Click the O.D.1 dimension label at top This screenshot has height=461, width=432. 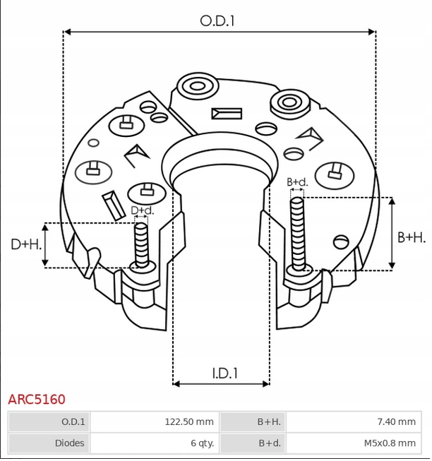coord(217,20)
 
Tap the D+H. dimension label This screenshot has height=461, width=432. coord(26,244)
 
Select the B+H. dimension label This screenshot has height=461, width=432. coord(412,238)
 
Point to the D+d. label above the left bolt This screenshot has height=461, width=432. coord(143,211)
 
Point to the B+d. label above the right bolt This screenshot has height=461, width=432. coord(298,182)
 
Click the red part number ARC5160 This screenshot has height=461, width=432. coord(37,400)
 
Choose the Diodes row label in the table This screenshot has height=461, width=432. coord(70,443)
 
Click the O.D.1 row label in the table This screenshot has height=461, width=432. coord(73,422)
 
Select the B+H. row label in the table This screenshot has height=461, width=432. coord(269,422)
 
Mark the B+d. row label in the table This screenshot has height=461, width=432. coord(270,443)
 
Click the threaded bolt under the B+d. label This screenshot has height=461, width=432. coord(297,233)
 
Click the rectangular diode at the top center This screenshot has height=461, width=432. coord(226,113)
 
